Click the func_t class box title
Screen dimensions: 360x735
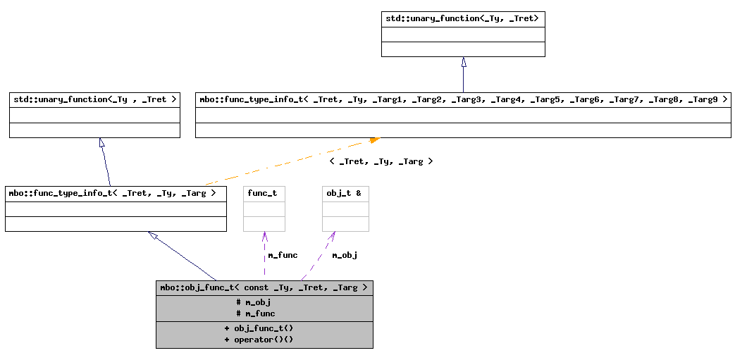coord(263,193)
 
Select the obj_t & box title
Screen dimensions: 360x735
coord(344,193)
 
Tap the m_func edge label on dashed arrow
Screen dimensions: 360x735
coord(283,255)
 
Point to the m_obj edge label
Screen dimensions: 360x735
coord(345,255)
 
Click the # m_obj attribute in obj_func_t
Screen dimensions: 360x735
coord(253,302)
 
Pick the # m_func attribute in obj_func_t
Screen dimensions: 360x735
coord(256,314)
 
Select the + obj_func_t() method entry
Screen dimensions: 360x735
coord(259,328)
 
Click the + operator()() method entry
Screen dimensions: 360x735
coord(259,340)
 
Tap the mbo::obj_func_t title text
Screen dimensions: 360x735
coord(264,287)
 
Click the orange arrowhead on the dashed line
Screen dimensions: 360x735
coord(374,140)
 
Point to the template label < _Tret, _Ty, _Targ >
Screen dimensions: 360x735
coord(381,161)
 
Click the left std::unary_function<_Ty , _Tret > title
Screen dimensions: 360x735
coord(94,99)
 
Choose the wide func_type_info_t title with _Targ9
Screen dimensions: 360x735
coord(463,99)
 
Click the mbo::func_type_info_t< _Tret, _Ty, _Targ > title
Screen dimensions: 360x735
coord(116,192)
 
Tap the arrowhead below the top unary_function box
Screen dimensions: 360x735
coord(463,62)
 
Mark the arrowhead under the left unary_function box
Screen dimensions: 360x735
coord(102,143)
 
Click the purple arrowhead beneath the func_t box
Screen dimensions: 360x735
coord(264,236)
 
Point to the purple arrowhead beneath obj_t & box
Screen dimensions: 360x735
coord(331,236)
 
